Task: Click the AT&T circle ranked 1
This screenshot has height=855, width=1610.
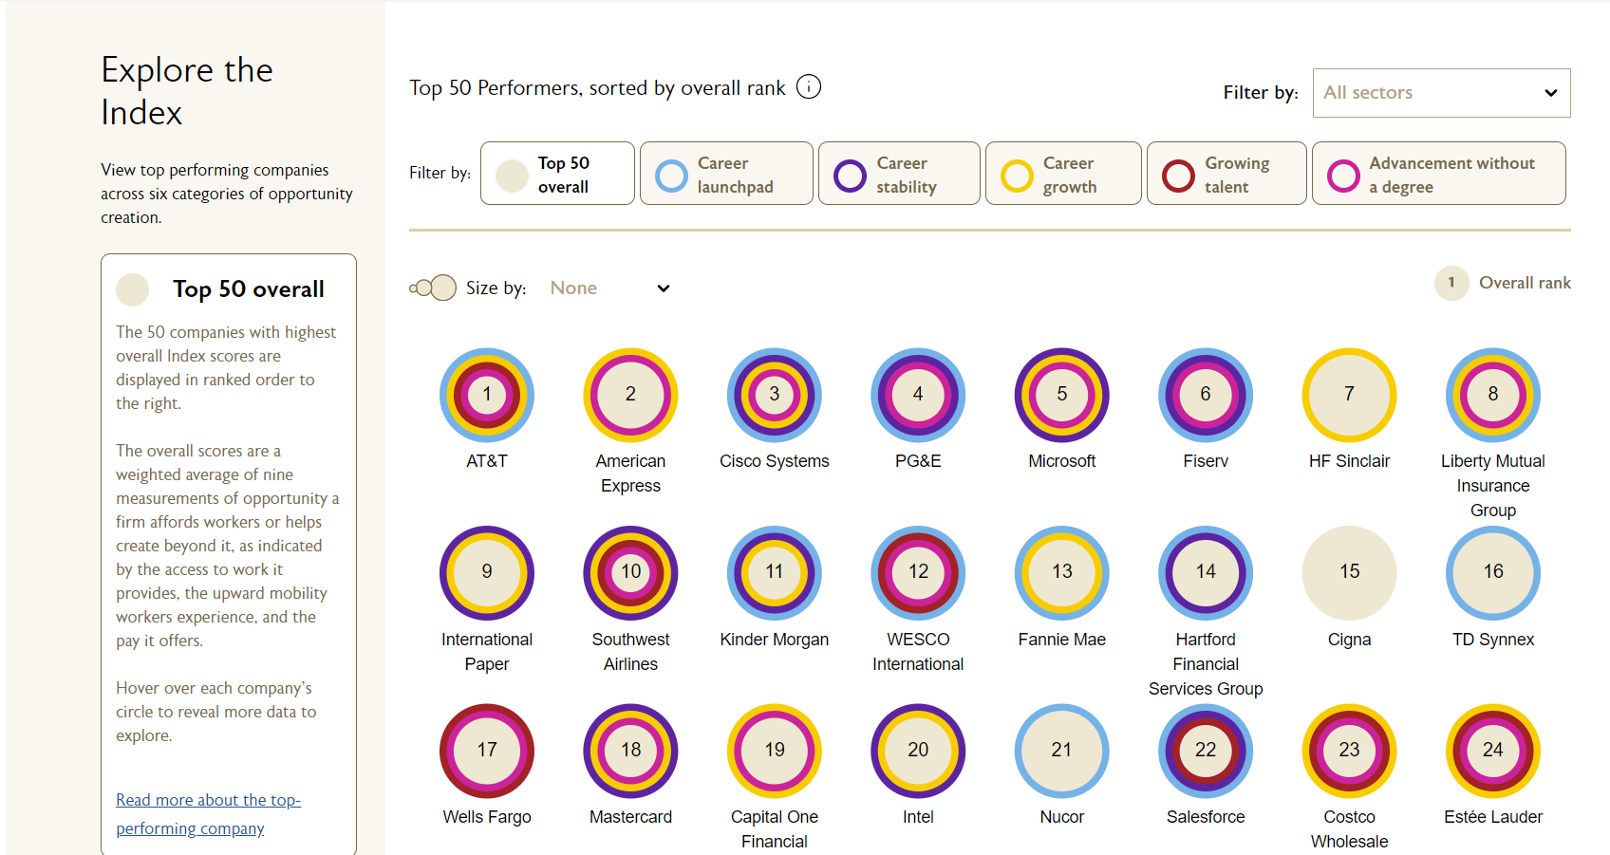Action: tap(487, 395)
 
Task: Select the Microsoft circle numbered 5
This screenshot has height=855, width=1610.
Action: tap(1061, 395)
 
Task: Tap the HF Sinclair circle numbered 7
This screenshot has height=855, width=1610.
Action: tap(1349, 395)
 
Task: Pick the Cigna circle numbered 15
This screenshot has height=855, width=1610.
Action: tap(1349, 572)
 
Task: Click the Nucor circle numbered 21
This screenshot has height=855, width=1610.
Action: tap(1061, 751)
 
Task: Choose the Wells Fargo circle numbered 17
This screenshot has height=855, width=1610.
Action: tap(487, 751)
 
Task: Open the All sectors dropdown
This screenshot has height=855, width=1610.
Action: tap(1441, 93)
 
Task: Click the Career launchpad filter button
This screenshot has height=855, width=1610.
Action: tap(726, 174)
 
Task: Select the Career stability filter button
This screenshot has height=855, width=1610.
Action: tap(899, 174)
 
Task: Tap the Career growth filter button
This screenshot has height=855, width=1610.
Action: tap(1063, 174)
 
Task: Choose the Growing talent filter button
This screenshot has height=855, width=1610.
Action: tap(1226, 174)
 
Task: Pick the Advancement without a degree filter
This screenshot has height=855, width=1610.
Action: tap(1438, 174)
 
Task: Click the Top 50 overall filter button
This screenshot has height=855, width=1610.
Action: tap(557, 174)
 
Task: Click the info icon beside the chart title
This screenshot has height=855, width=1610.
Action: tap(809, 87)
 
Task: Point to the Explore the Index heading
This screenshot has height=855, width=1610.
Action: tap(187, 91)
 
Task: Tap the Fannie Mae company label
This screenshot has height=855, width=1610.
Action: tap(1061, 640)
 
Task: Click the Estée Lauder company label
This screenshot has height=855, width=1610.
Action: tap(1492, 817)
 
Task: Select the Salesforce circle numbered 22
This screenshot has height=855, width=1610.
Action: tap(1206, 751)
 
